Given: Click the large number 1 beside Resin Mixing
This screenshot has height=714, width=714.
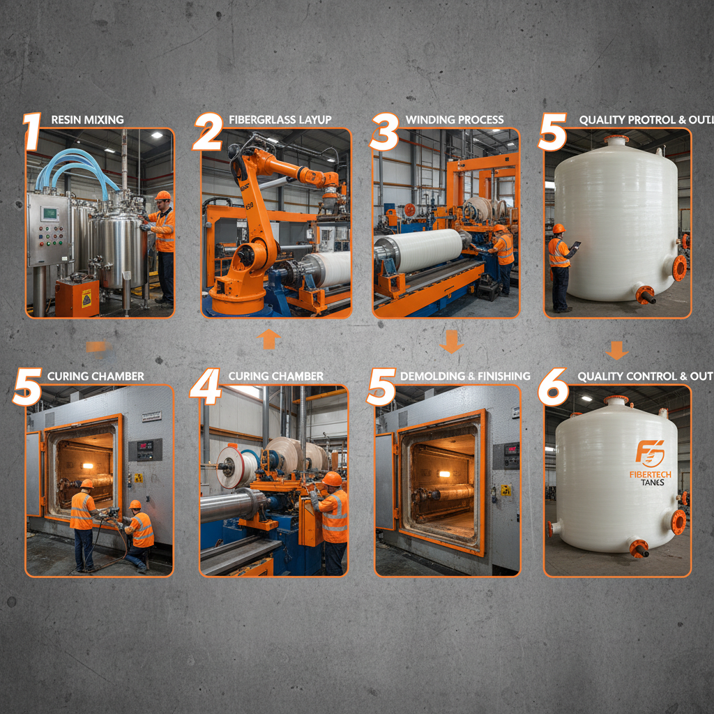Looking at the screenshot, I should coord(31,132).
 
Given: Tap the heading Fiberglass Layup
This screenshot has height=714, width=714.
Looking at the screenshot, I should coord(280,120).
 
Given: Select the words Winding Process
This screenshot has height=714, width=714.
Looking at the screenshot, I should coord(454,120).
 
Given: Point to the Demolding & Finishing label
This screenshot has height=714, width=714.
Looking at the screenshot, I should coord(465,377).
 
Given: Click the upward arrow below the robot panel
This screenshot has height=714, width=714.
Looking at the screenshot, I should coord(268,340).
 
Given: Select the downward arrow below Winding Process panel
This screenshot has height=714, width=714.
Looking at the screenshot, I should coord(451,342).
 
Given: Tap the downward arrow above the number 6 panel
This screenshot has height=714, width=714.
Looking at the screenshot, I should coord(616,349).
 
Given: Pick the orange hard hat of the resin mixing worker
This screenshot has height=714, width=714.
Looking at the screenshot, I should coord(162,196).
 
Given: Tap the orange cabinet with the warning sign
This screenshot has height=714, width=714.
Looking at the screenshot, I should coord(77,296).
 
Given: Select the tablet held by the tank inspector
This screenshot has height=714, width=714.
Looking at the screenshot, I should coord(576,245).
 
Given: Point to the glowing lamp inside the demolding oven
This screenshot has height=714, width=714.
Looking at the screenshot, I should coord(443,474).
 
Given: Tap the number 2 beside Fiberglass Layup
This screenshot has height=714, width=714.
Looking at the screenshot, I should coord(207,132).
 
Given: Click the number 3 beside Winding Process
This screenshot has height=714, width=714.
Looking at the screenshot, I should coord(384,132).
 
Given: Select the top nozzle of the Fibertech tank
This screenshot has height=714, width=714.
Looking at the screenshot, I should coord(616,401).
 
